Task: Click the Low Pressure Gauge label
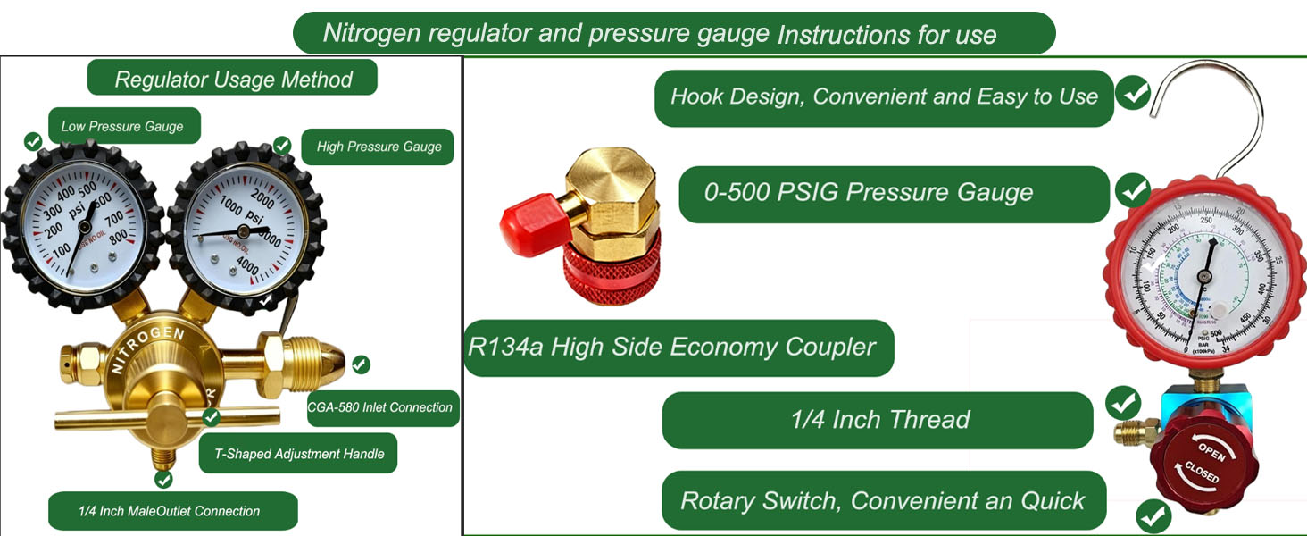click(x=122, y=127)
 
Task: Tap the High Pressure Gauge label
click(x=379, y=147)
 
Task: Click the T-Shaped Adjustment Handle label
click(x=299, y=454)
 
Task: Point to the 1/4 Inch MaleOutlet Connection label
click(x=169, y=511)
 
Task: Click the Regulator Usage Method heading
click(x=233, y=79)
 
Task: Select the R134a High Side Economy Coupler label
click(x=672, y=347)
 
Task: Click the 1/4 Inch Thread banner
click(x=879, y=420)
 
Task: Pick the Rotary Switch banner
click(x=882, y=500)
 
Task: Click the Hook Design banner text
click(x=883, y=96)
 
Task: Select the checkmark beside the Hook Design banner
click(x=1134, y=93)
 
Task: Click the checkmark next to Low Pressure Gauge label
click(x=33, y=141)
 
